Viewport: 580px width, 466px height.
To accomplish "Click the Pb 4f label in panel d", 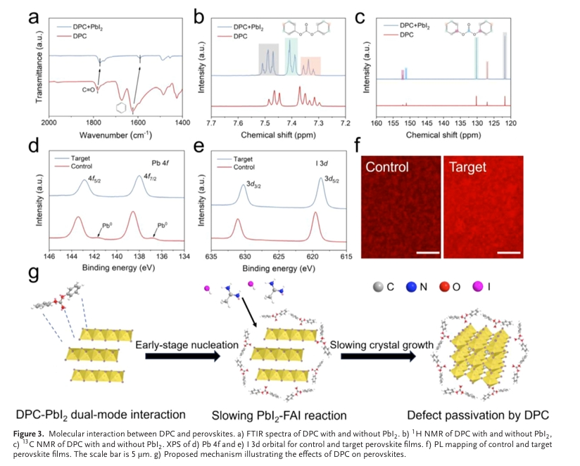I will pyautogui.click(x=156, y=164).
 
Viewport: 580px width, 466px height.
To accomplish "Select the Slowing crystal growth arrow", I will pyautogui.click(x=379, y=356).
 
